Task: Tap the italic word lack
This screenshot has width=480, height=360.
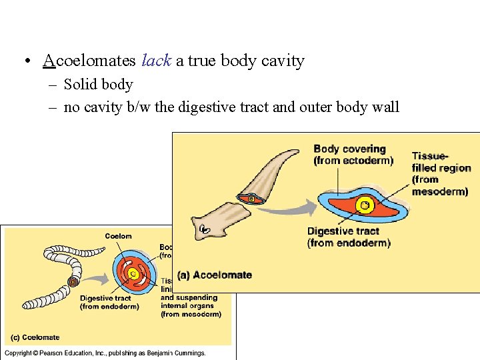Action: coord(157,61)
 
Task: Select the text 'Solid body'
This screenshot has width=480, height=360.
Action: coord(98,85)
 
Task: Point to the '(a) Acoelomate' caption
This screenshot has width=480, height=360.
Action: coord(215,275)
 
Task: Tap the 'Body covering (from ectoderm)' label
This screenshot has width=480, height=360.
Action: coord(353,155)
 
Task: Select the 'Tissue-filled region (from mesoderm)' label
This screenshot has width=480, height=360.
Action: coord(441,174)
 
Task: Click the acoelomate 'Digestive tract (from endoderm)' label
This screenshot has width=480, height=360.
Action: coord(349,237)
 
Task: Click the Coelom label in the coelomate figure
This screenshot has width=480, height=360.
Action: coord(118,236)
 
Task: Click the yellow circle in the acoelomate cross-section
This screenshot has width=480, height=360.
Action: coord(364,205)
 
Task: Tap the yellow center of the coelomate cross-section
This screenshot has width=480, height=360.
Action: coord(133,273)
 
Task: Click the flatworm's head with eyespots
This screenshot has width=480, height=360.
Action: coord(206,229)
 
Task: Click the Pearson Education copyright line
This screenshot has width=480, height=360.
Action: coord(105,353)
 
